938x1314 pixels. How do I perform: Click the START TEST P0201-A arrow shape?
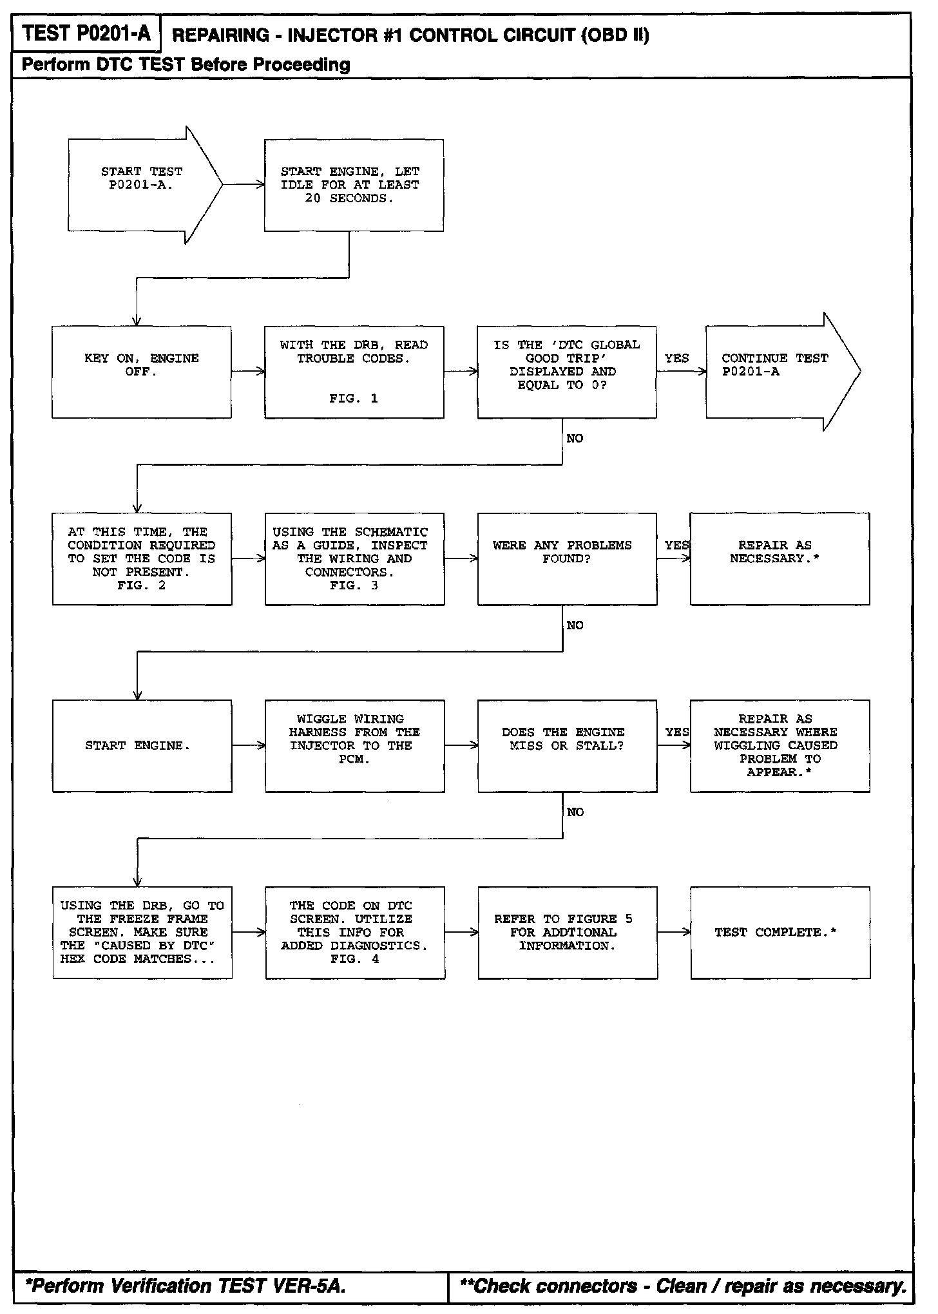(142, 185)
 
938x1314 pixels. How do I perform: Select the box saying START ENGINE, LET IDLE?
(354, 185)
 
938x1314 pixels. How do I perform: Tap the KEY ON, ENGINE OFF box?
(142, 372)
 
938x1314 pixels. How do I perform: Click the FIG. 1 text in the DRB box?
(354, 399)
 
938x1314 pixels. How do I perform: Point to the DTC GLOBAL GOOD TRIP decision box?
(566, 372)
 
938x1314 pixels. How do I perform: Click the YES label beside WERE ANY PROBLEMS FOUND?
(676, 546)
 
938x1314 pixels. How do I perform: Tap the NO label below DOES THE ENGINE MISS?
(575, 812)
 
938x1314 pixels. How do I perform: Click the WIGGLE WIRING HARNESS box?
(354, 745)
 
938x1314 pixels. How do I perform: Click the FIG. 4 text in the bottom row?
(354, 959)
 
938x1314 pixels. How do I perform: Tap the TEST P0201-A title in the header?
(86, 33)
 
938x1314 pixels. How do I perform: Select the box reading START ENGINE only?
(142, 745)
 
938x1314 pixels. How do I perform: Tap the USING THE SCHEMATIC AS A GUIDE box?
(354, 558)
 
